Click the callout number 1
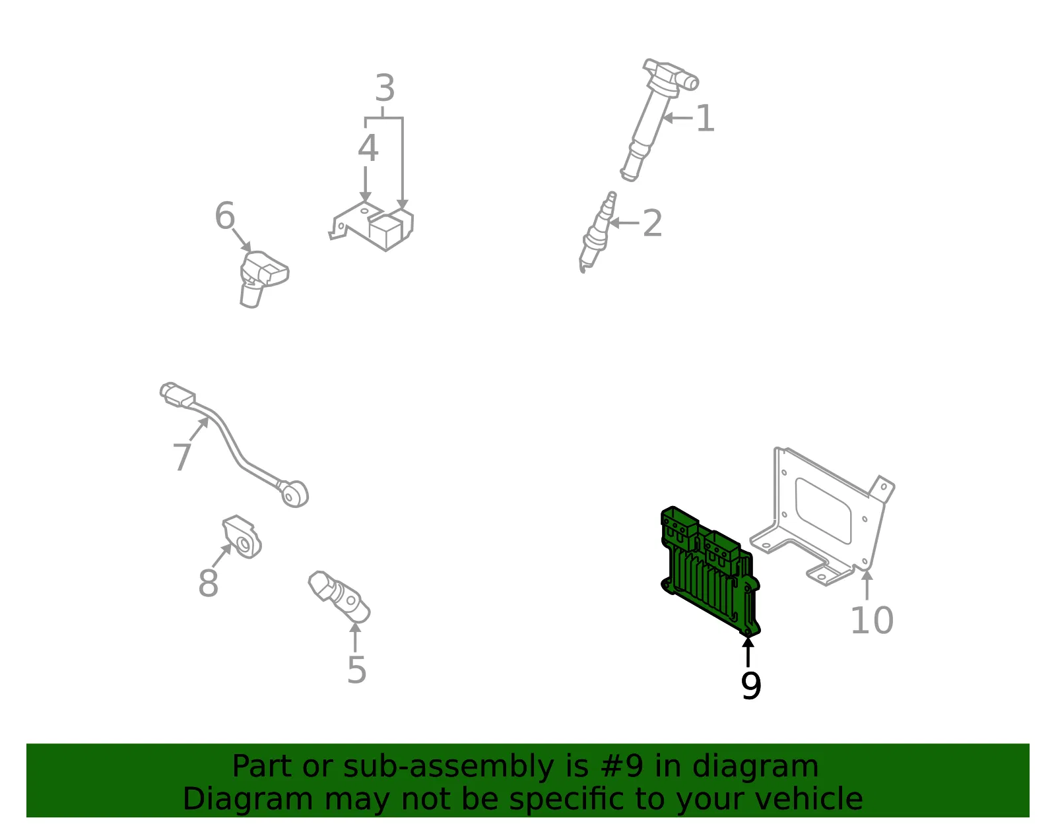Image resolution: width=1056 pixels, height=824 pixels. [705, 118]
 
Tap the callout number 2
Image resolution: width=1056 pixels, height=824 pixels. [652, 223]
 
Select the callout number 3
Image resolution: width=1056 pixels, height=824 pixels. [385, 88]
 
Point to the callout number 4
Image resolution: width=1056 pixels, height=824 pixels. [368, 148]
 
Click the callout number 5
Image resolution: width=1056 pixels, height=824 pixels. [356, 670]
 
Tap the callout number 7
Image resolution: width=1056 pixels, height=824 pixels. [182, 457]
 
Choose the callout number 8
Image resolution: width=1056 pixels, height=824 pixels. [209, 583]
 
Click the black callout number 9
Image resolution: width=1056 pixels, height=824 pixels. [751, 685]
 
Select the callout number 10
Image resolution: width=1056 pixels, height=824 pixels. [873, 620]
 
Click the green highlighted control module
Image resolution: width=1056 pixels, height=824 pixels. [710, 571]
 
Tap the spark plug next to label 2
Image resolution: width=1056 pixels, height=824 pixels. [597, 232]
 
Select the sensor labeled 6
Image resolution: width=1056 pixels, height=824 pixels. [263, 278]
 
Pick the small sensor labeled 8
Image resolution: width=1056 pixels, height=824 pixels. [242, 536]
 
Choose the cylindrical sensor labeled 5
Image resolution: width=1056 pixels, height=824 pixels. [339, 596]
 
